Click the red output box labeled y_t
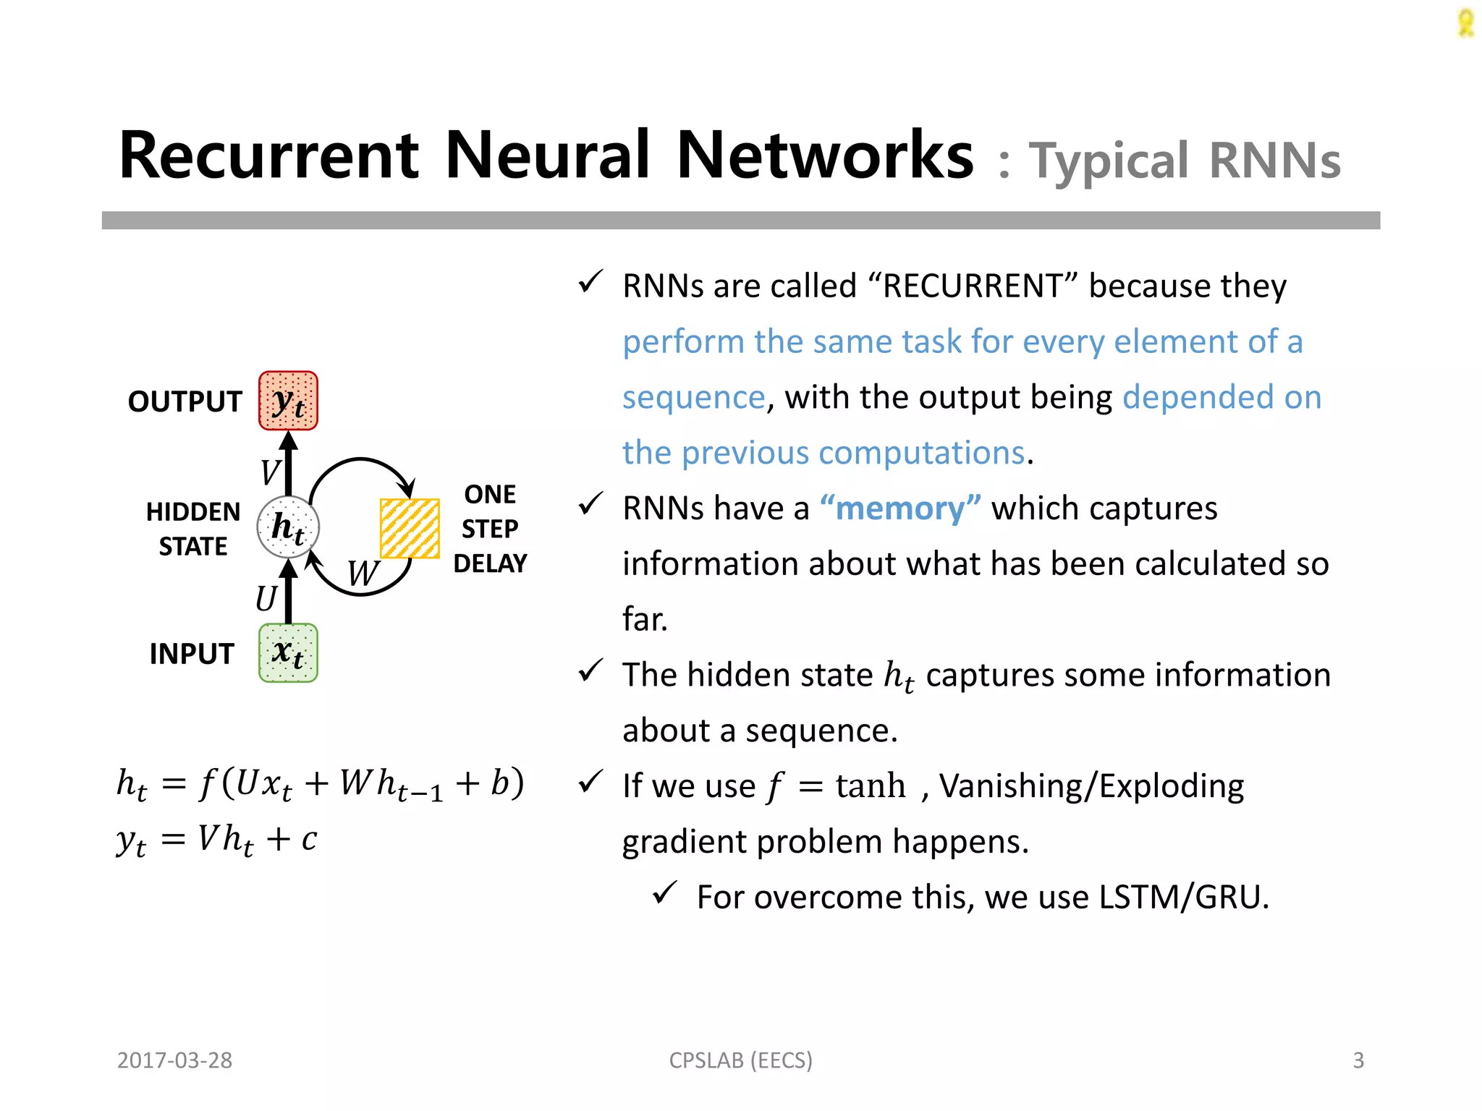[x=288, y=401]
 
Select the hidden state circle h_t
[x=288, y=527]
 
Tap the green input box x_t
[x=288, y=653]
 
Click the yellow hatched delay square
[x=410, y=528]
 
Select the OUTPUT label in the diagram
[x=185, y=401]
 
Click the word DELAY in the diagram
[x=490, y=563]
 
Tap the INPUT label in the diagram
[x=191, y=654]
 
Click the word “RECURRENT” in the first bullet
[x=972, y=286]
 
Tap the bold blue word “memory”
[x=900, y=508]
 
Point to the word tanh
[x=870, y=786]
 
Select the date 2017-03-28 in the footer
[x=174, y=1060]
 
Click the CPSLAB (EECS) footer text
[x=740, y=1060]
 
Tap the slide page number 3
[x=1358, y=1060]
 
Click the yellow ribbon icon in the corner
[x=1465, y=23]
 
